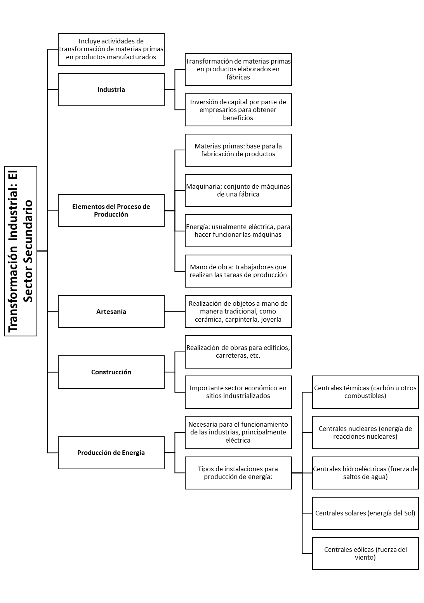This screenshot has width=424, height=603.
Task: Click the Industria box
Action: tap(111, 90)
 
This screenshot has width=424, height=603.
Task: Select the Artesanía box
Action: tap(111, 312)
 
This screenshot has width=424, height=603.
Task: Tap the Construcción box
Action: tap(111, 372)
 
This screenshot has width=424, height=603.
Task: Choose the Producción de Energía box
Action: tap(111, 453)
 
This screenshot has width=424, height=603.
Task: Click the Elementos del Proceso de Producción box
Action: tap(111, 210)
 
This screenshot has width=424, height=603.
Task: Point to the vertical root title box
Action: tap(21, 251)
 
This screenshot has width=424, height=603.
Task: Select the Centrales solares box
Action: tap(365, 513)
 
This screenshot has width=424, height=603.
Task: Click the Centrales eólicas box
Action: tap(365, 553)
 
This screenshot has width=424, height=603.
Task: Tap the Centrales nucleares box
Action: tap(365, 432)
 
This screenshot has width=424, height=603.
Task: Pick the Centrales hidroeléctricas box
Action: tap(365, 473)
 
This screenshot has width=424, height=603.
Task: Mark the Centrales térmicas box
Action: tap(365, 392)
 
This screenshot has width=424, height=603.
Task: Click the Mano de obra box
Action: tap(238, 271)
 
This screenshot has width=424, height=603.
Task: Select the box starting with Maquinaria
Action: tap(238, 190)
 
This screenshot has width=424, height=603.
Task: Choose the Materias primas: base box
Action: tap(238, 150)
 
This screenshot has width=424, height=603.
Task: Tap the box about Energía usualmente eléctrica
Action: tap(238, 231)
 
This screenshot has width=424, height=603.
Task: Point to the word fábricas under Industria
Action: tap(238, 77)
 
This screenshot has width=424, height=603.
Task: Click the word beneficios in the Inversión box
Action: tap(238, 118)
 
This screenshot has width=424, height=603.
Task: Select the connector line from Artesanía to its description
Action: tap(175, 312)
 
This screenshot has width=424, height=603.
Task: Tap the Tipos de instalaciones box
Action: tap(238, 473)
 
